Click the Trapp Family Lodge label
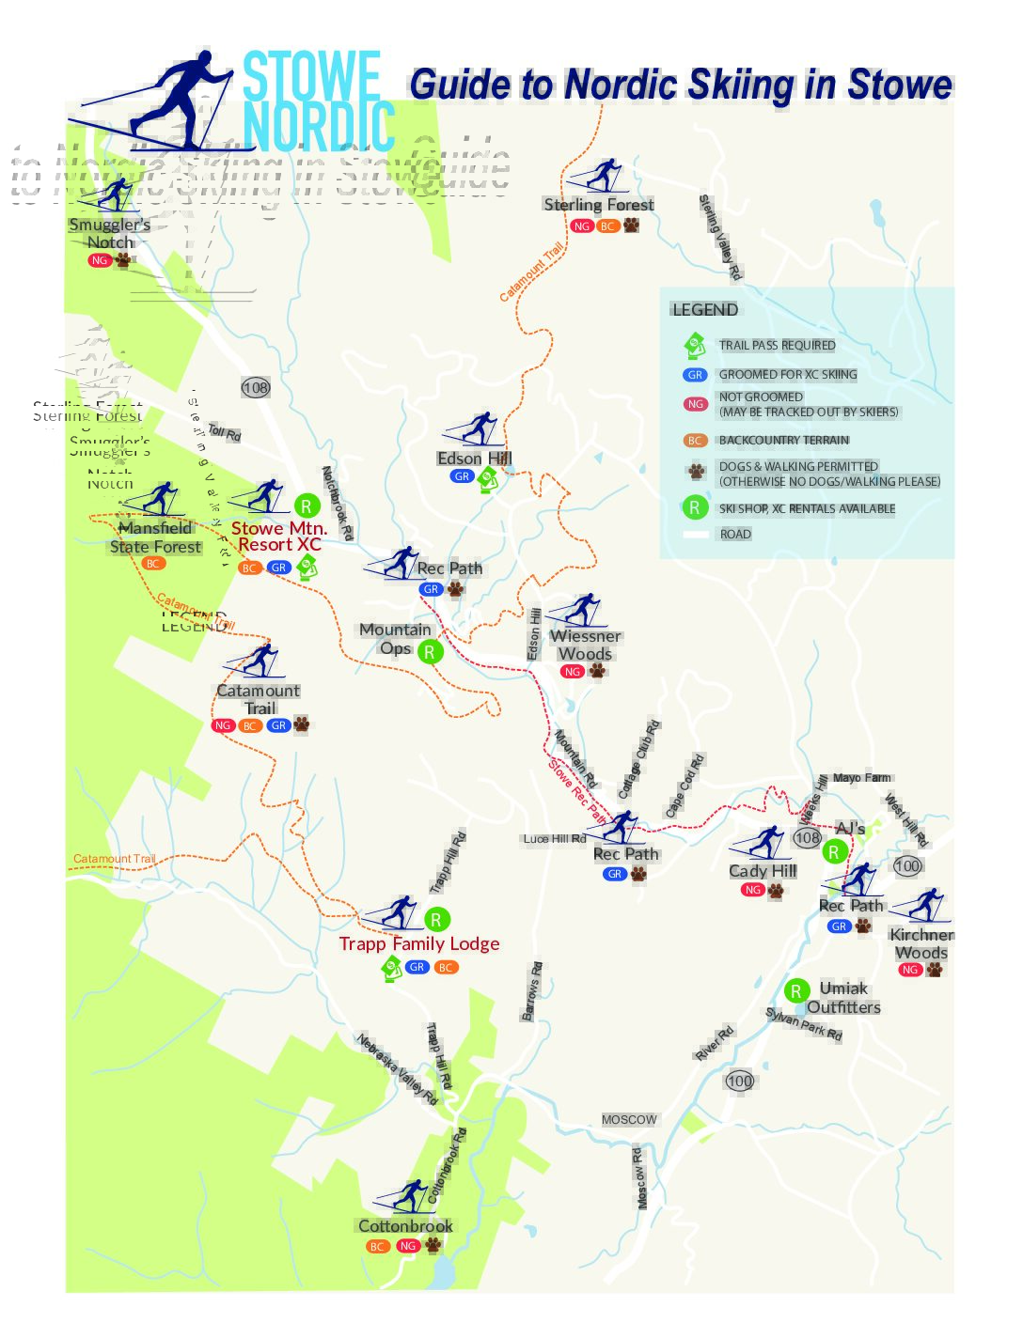(419, 943)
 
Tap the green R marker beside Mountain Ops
(430, 651)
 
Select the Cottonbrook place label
(405, 1226)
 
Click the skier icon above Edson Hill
(475, 429)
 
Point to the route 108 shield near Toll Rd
(256, 387)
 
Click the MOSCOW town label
(629, 1120)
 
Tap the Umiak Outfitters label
(843, 998)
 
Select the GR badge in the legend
(695, 375)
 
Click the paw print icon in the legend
(696, 472)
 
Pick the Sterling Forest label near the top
(599, 205)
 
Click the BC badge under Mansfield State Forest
(153, 564)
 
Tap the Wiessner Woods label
(585, 645)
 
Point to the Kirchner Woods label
(921, 943)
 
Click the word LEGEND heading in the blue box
(704, 310)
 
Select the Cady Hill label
(763, 871)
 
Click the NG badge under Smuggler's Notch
(100, 260)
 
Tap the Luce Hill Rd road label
(554, 839)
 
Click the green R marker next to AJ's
(834, 852)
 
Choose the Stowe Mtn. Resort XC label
(279, 537)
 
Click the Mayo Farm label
(861, 778)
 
